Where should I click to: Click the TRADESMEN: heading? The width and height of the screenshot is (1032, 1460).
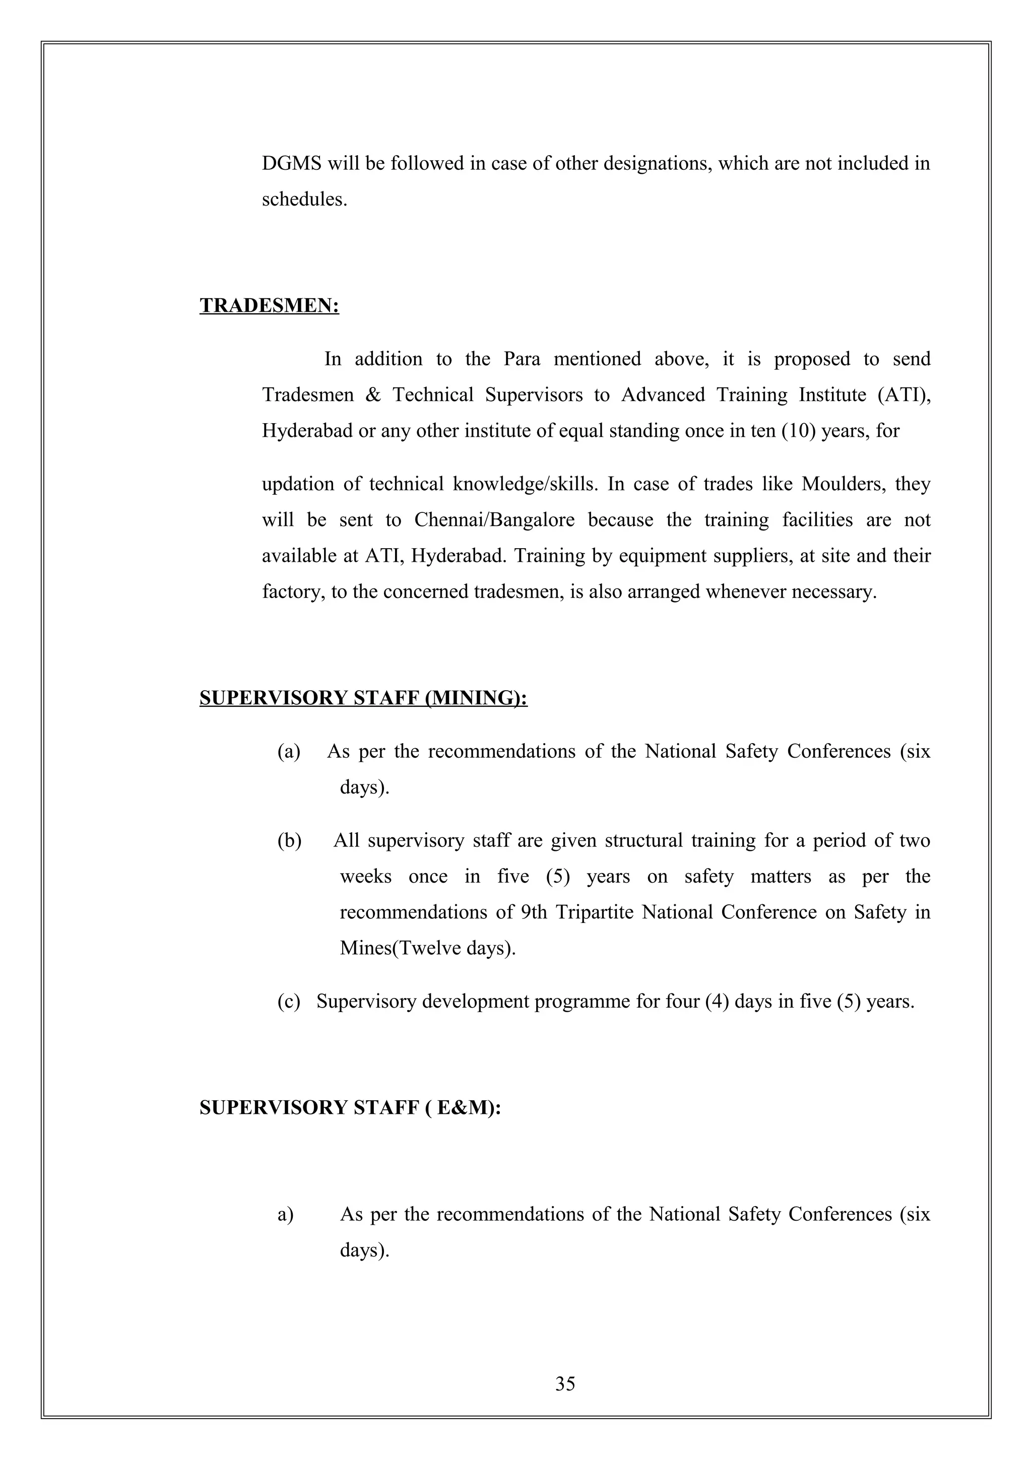(x=269, y=306)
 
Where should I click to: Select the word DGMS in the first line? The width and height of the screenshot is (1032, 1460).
(x=292, y=164)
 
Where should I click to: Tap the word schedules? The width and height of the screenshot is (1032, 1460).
(x=304, y=200)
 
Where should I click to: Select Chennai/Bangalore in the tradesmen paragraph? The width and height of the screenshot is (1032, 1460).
(x=494, y=520)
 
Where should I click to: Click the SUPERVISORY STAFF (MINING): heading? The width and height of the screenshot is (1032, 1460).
(x=363, y=698)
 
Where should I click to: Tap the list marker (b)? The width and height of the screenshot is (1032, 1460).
(x=289, y=841)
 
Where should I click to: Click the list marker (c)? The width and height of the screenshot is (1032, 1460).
(x=289, y=1002)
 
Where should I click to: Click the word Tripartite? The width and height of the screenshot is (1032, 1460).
(x=595, y=912)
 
